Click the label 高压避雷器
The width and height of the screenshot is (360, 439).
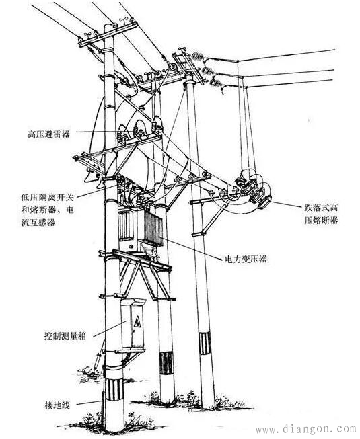(x=52, y=134)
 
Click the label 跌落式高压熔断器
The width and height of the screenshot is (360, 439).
(x=316, y=214)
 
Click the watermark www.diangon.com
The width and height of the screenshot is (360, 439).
(x=306, y=428)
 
